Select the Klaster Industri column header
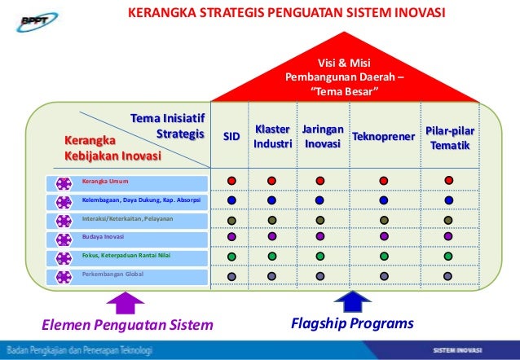click(x=272, y=137)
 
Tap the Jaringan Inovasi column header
click(x=321, y=137)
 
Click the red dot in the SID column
click(x=232, y=181)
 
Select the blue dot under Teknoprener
click(x=381, y=200)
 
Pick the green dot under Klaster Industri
click(x=271, y=257)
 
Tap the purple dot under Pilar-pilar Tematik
click(x=449, y=237)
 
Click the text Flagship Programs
click(x=352, y=324)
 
